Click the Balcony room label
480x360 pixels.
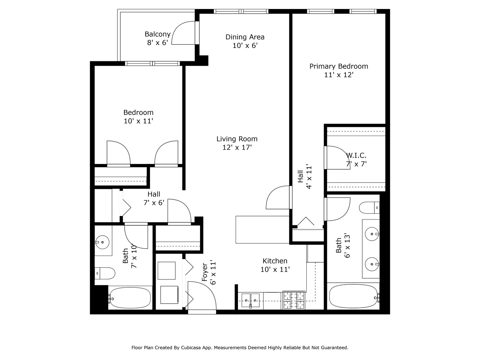(157, 34)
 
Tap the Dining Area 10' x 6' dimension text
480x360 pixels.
(245, 46)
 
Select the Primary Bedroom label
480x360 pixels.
(339, 66)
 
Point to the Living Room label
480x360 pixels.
(237, 139)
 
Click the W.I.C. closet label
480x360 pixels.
(356, 155)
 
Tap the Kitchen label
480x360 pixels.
(275, 261)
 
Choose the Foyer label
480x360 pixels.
(205, 272)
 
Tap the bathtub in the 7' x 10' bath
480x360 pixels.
(130, 298)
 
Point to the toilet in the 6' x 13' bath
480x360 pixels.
(369, 208)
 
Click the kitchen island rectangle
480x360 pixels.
(262, 230)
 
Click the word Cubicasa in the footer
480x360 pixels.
(190, 348)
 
